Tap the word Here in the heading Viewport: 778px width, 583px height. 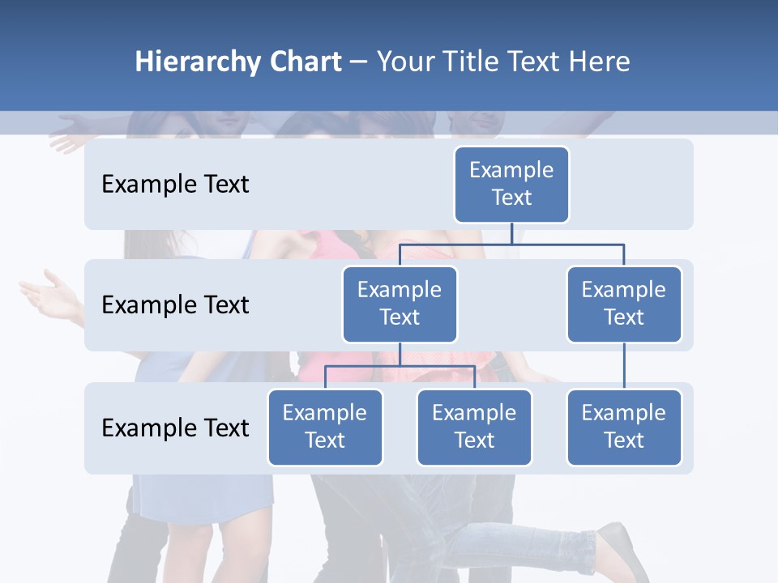point(598,62)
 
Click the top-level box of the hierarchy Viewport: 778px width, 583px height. point(511,184)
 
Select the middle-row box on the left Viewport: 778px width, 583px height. point(400,304)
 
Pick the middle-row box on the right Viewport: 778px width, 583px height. point(624,304)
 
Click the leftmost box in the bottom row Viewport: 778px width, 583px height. point(325,427)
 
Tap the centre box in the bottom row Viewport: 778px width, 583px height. point(474,427)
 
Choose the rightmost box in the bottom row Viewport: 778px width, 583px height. point(624,427)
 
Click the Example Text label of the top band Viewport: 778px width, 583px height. point(175,185)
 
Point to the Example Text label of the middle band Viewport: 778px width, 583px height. point(175,305)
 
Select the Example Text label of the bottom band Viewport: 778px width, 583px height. point(175,428)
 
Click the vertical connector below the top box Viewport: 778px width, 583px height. point(511,233)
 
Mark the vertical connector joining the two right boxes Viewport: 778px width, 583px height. point(624,366)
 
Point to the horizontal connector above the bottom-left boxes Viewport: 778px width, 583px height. point(400,366)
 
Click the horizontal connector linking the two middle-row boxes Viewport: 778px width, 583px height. point(511,244)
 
